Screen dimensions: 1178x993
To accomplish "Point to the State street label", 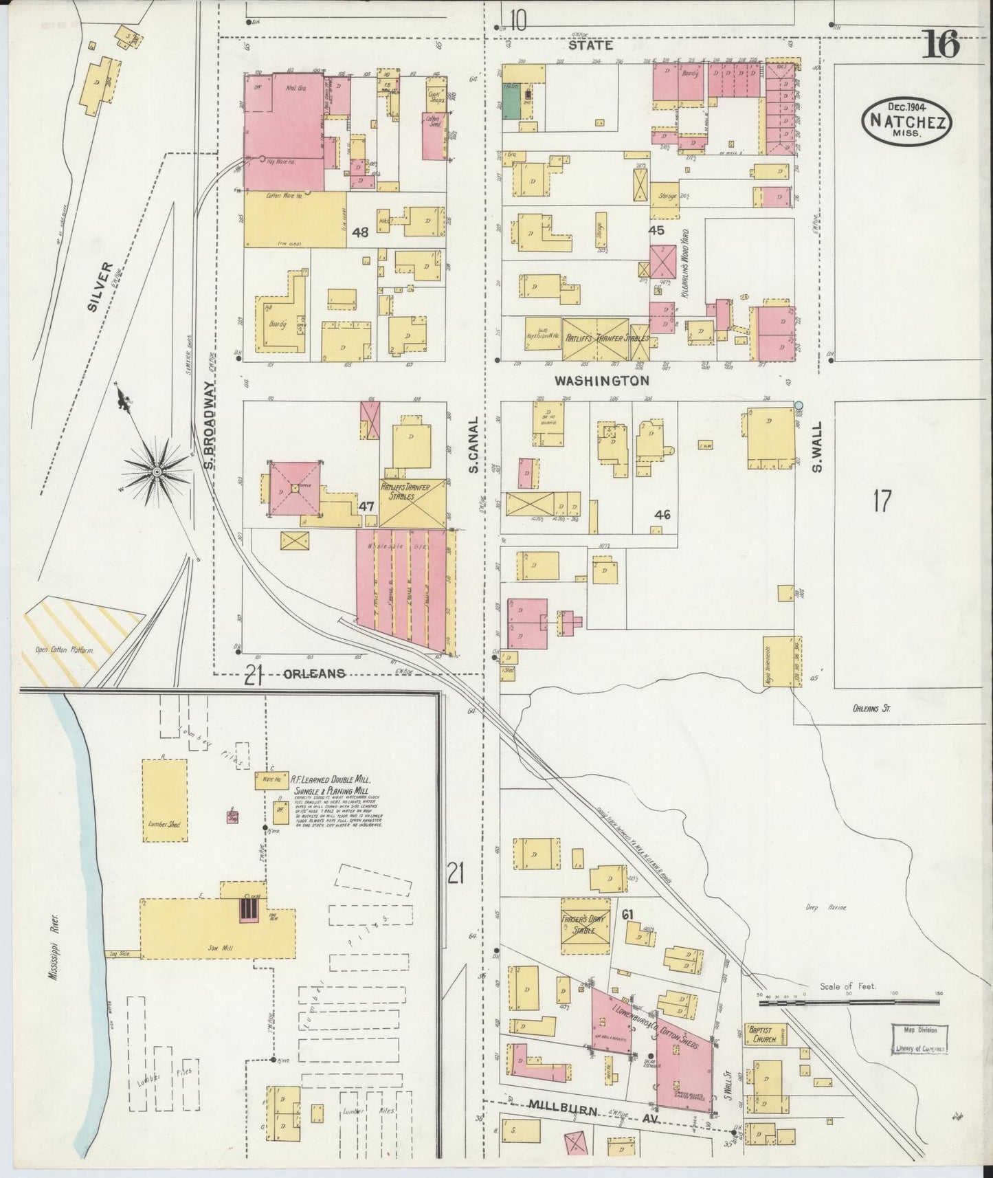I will pyautogui.click(x=590, y=45).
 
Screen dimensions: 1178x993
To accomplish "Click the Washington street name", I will pyautogui.click(x=602, y=380).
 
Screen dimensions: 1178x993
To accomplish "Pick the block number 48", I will pyautogui.click(x=360, y=232).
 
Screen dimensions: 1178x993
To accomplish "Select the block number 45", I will pyautogui.click(x=656, y=230).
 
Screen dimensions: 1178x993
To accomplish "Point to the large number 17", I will pyautogui.click(x=882, y=501).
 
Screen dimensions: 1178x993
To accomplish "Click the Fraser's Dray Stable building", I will pyautogui.click(x=585, y=925).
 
